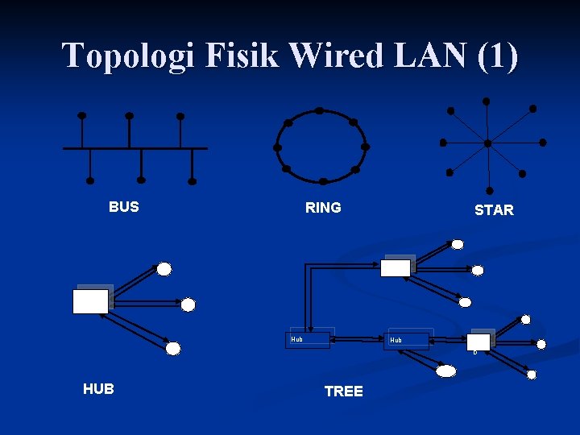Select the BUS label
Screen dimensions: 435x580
(x=123, y=207)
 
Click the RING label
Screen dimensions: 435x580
(x=323, y=208)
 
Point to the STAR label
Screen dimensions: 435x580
(x=494, y=210)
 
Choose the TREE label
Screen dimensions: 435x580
(x=343, y=391)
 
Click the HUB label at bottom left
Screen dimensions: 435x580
(x=98, y=389)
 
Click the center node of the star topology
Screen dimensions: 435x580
(x=487, y=143)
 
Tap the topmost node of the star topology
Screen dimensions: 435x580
(x=485, y=101)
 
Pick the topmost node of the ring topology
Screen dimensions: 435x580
(x=320, y=110)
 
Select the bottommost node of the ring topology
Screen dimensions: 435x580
(x=323, y=181)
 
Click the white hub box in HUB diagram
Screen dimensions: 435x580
(x=90, y=301)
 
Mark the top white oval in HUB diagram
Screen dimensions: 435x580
(x=164, y=268)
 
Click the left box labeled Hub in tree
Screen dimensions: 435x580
(x=309, y=339)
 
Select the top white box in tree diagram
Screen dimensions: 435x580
(x=395, y=267)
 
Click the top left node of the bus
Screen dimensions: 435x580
(x=81, y=115)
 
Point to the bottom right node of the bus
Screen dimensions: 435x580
(x=192, y=180)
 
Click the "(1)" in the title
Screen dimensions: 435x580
(x=497, y=56)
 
